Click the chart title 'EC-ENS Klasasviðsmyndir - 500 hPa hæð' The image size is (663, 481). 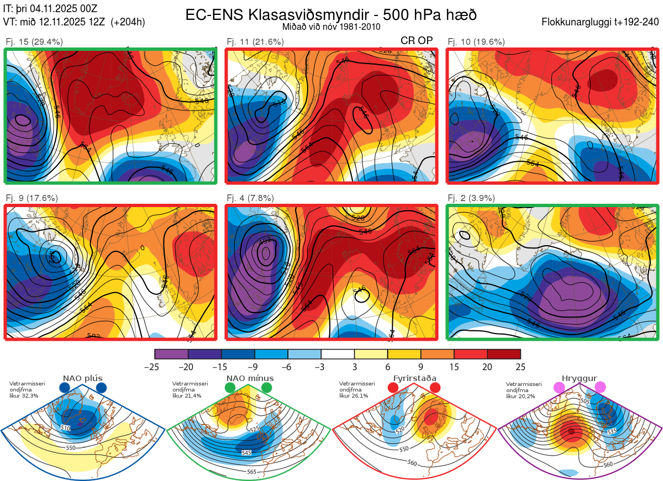pos(331,14)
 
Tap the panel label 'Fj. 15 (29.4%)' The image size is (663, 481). pos(34,41)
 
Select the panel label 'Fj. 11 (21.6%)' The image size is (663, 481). pos(255,41)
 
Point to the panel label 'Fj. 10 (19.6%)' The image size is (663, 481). pos(476,41)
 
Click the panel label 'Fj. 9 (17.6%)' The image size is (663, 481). pos(31,198)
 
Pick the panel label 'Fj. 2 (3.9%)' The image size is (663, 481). pos(471,198)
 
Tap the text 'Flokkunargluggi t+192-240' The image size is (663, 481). pos(602,22)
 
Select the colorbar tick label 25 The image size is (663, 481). pos(520,367)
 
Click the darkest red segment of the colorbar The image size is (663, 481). pos(504,354)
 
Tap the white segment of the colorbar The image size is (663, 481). pos(338,354)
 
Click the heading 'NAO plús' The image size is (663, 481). pos(82,378)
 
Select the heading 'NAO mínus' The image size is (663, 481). pos(250,378)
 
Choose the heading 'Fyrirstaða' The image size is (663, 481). pos(414,378)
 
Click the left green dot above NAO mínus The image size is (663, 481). pos(230,388)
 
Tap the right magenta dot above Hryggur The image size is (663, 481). pos(600,388)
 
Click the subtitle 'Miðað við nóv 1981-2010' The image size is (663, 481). pos(331,27)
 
